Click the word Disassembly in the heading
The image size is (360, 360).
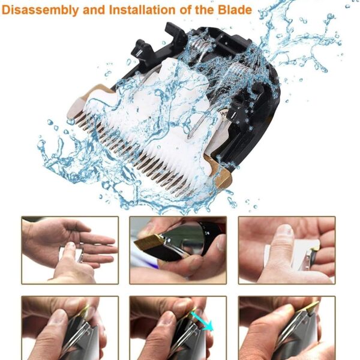pyautogui.click(x=41, y=10)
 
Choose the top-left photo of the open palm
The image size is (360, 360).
pyautogui.click(x=70, y=250)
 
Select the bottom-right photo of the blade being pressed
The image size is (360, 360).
pyautogui.click(x=286, y=328)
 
